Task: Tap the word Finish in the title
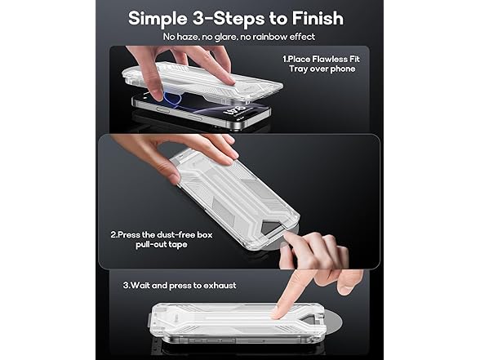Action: pos(313,18)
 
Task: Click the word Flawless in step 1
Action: pos(335,60)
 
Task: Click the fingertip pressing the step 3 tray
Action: pos(278,311)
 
